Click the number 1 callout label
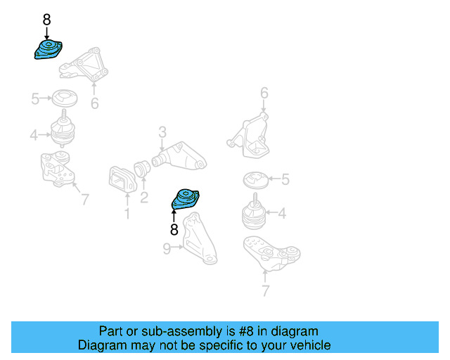point(127,214)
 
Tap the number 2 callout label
point(144,198)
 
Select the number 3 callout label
point(162,132)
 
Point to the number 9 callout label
point(167,249)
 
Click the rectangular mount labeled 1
point(122,179)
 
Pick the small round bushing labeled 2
point(142,169)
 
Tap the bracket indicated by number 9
point(200,239)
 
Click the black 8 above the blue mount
point(46,20)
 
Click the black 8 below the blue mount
point(174,230)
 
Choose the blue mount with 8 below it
point(186,199)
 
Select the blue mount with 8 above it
point(49,49)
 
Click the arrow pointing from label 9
point(177,247)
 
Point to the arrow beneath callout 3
point(162,146)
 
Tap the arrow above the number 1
point(127,200)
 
